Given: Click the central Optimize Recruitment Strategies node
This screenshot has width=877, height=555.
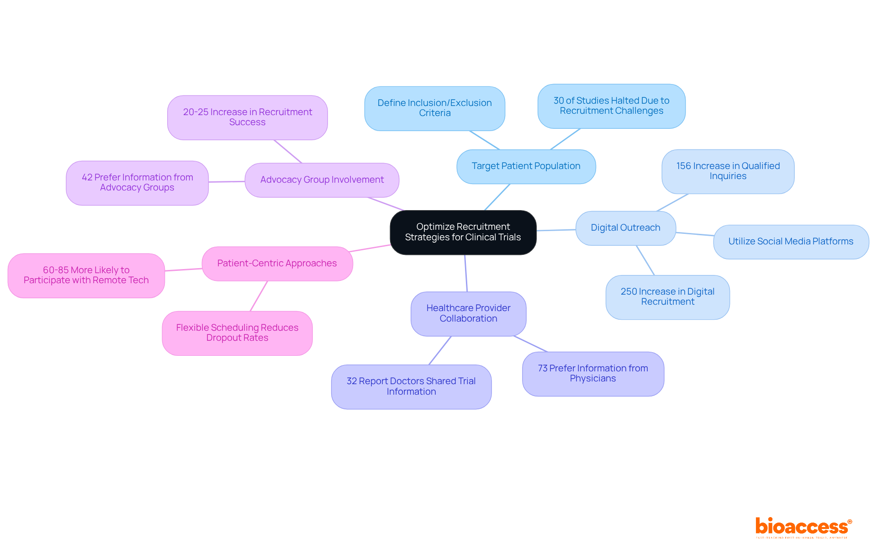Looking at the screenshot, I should tap(463, 232).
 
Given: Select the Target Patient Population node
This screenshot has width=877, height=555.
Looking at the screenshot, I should tap(526, 166).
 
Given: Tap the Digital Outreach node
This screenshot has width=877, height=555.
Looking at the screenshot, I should tap(625, 228).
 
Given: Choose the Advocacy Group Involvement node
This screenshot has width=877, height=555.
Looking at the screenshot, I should tap(322, 180).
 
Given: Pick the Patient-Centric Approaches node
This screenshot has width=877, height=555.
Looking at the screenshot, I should tap(277, 264).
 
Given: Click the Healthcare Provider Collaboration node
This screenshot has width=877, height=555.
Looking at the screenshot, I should tap(468, 313).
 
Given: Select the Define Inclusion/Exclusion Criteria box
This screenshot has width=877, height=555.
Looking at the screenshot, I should tap(434, 108).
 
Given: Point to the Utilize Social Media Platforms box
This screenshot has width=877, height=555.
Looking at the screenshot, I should tap(791, 242).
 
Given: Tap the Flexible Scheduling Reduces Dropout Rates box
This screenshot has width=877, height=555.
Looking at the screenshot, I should tap(237, 333).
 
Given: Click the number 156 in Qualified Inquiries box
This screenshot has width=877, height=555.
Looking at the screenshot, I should tap(684, 166).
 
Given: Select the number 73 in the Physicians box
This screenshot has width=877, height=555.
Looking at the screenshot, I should tap(543, 369).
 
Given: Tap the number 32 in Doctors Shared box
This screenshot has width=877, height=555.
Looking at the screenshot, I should tap(352, 381).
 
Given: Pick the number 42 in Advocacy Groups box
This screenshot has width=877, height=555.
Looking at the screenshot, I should tap(87, 178).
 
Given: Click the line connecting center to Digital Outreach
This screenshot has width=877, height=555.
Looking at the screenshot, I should tap(556, 230).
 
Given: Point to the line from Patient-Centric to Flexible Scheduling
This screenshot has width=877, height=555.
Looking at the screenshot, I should tap(259, 296).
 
